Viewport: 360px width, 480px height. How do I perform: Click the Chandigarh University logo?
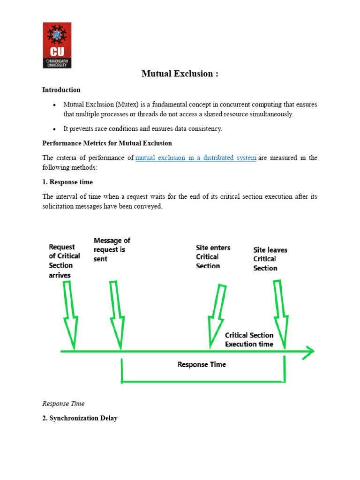(57, 45)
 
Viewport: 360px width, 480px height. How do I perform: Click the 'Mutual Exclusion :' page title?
(180, 74)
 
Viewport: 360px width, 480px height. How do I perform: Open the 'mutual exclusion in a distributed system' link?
(196, 158)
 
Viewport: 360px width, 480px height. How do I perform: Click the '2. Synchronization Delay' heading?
(80, 418)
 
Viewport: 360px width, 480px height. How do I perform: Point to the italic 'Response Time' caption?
(63, 404)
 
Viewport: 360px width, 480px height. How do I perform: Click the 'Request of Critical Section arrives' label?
(64, 261)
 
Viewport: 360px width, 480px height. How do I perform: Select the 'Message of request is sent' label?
(112, 250)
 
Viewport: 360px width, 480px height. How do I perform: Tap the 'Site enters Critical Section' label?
(213, 256)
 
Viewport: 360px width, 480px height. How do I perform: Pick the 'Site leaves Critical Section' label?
(270, 259)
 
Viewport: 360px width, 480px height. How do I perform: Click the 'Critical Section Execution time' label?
(249, 339)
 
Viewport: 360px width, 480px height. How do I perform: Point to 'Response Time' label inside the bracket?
(202, 364)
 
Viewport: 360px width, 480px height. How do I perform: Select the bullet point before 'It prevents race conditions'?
(54, 129)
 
